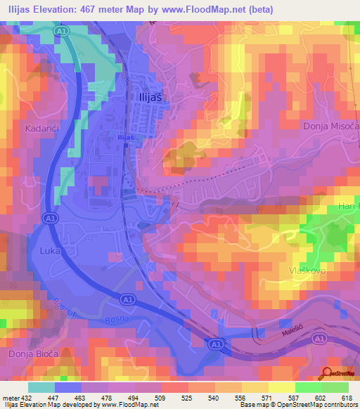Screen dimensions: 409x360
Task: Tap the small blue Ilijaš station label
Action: (x=126, y=138)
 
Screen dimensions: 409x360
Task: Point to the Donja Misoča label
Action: (x=330, y=126)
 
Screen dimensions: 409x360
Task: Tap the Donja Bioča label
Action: (x=32, y=354)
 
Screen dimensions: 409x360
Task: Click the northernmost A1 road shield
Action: (x=61, y=32)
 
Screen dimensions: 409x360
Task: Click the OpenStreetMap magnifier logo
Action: (x=327, y=372)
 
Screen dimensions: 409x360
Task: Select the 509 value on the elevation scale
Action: (x=165, y=398)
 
